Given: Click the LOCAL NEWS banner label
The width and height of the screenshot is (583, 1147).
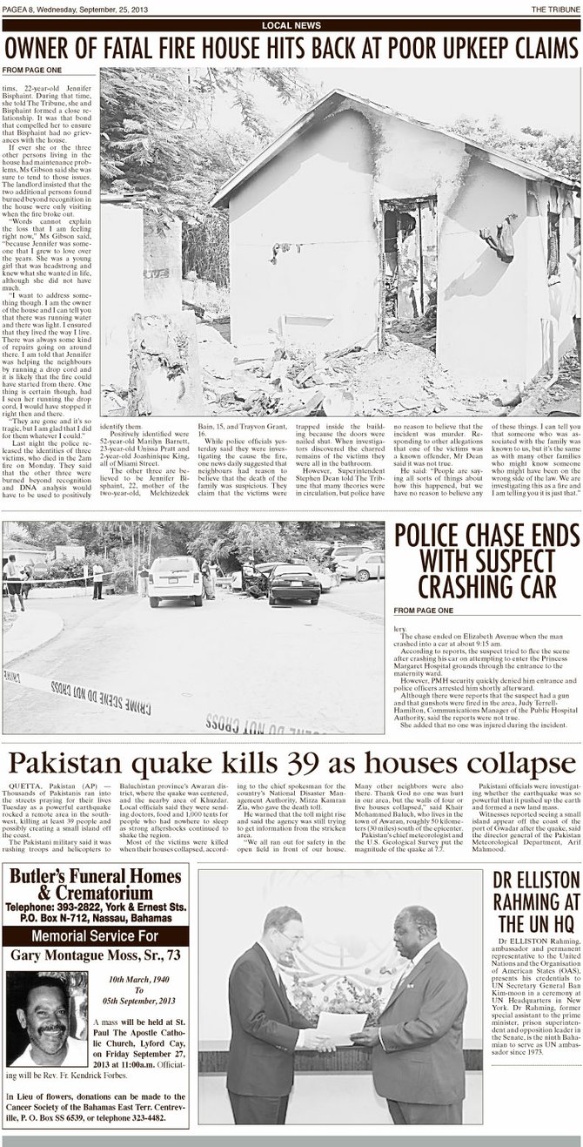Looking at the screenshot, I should [291, 26].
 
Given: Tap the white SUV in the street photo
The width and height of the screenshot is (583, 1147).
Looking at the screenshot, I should [174, 579].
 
